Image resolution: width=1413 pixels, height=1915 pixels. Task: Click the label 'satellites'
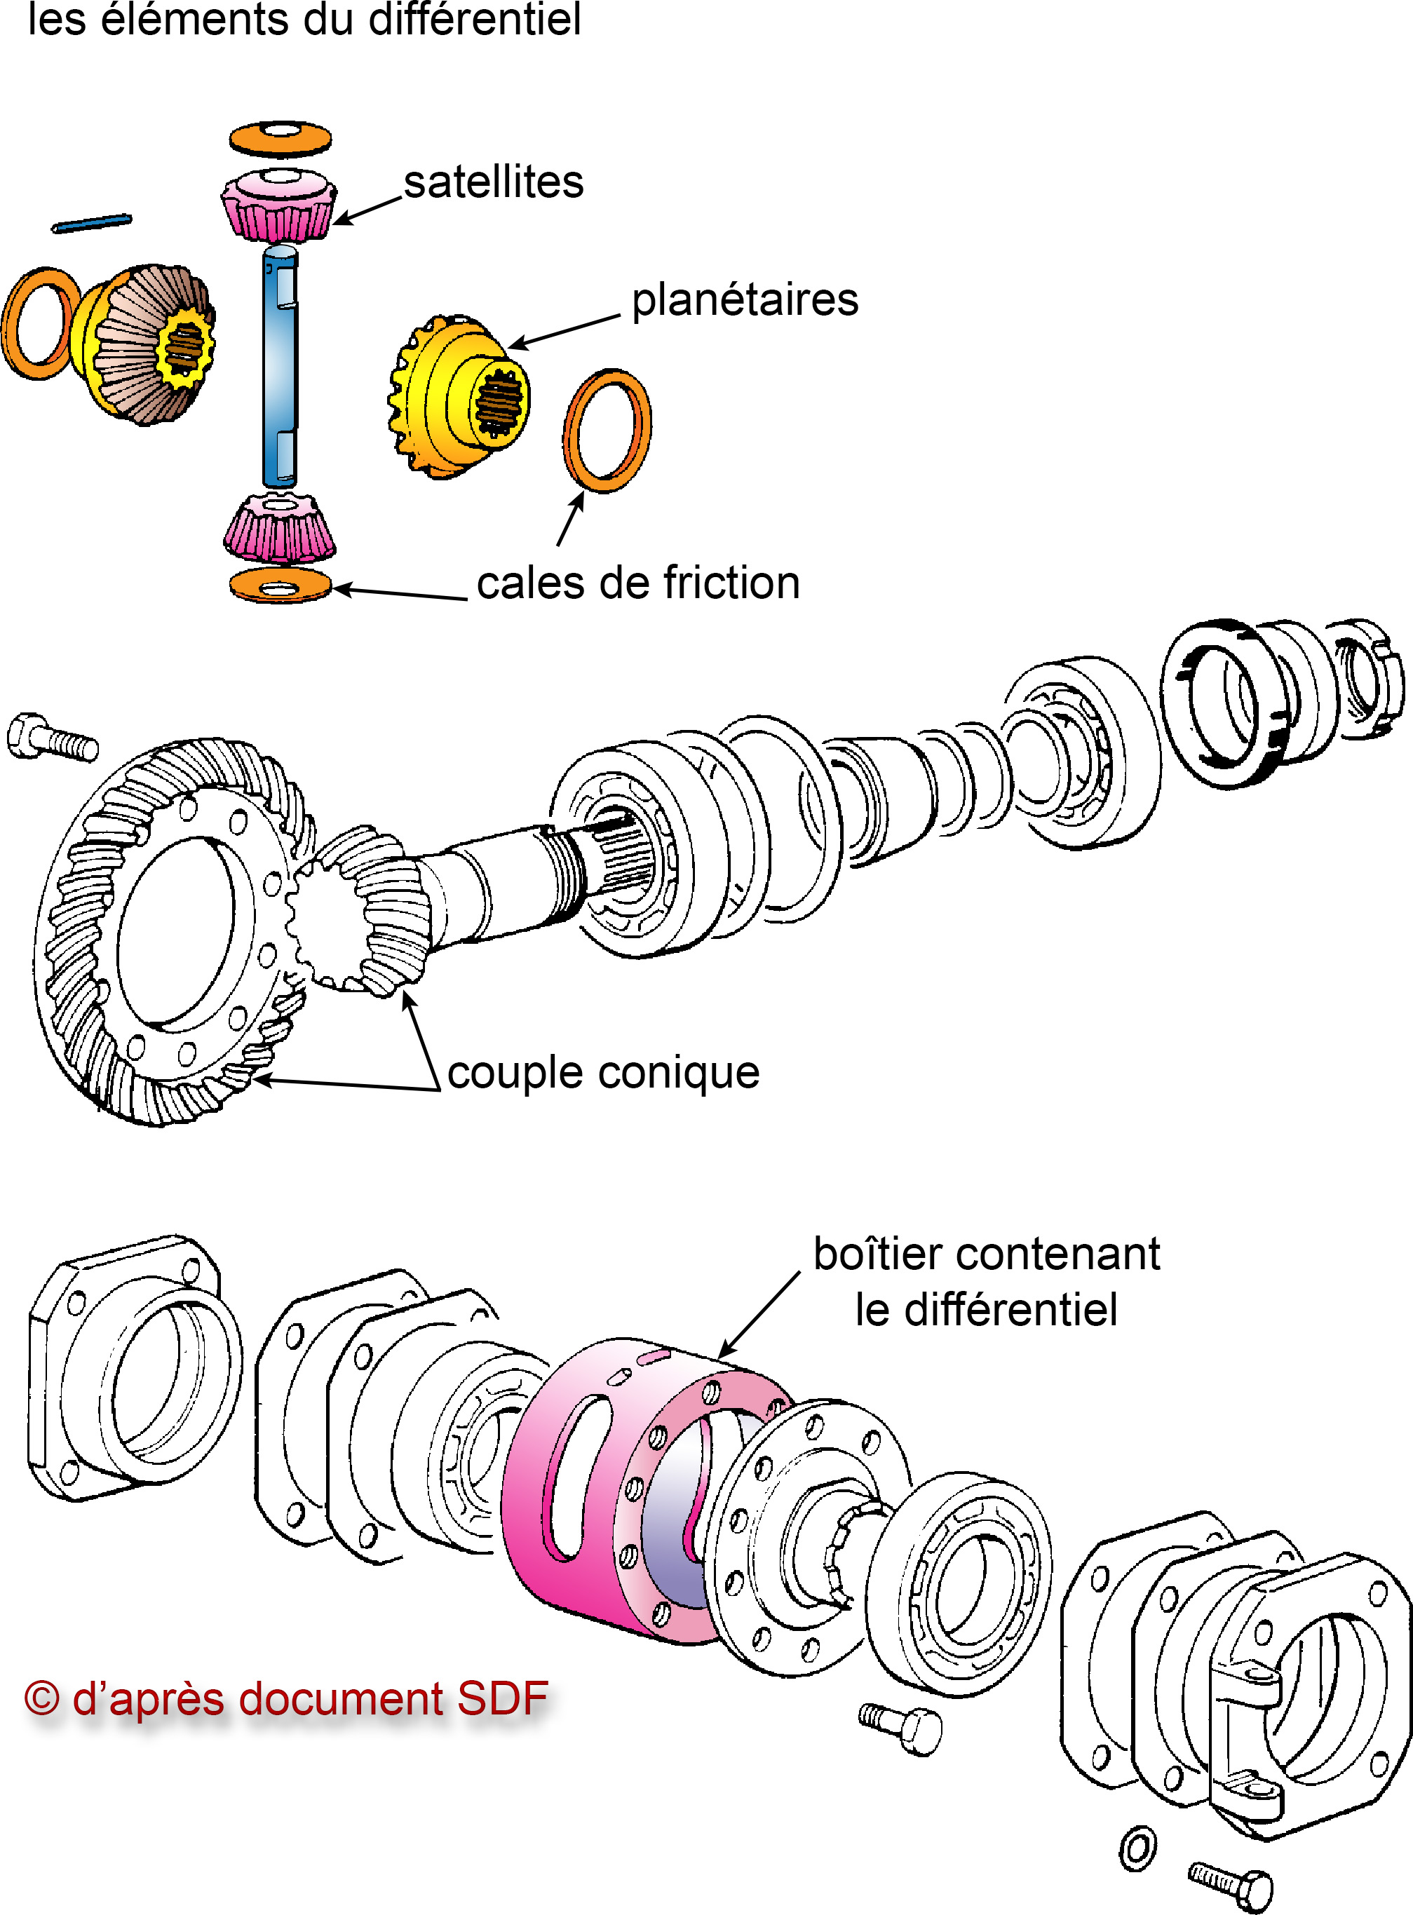[494, 182]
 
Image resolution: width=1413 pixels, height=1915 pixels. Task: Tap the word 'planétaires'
[744, 300]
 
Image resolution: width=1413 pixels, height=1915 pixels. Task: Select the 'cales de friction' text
[638, 583]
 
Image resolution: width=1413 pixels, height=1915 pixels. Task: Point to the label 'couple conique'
[603, 1073]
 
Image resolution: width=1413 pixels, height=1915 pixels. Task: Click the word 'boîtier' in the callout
[872, 1254]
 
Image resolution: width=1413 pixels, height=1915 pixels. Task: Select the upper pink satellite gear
[277, 205]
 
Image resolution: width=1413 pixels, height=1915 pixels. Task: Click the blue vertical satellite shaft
[280, 367]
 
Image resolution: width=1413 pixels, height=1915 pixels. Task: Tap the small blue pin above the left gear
[92, 222]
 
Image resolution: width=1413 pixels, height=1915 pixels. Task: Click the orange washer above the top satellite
[280, 139]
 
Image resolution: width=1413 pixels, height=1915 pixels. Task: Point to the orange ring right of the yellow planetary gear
[607, 431]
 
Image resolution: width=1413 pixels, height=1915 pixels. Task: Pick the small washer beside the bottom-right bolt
[1137, 1849]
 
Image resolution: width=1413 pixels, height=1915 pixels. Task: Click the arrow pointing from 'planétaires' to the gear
[564, 332]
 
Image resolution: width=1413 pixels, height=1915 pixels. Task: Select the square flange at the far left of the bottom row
[128, 1369]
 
